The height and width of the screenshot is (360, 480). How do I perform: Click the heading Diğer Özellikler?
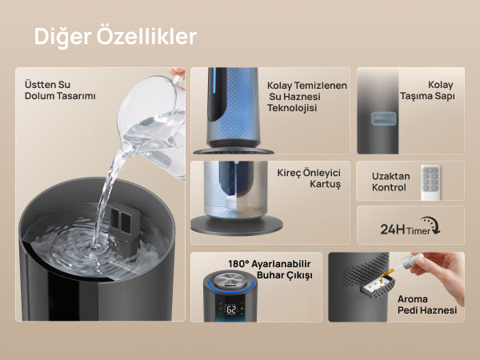point(115,37)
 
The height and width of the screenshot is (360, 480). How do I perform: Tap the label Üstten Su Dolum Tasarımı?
point(60,90)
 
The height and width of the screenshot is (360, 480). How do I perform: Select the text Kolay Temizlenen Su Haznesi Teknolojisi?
point(307,97)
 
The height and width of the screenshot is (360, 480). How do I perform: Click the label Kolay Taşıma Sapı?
point(427,90)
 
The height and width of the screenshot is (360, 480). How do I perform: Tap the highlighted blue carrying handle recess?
point(383,118)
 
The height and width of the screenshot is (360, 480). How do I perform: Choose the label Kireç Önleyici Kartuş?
point(309,178)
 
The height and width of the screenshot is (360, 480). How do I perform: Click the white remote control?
point(430,182)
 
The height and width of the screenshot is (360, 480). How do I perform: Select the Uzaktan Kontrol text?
point(391,182)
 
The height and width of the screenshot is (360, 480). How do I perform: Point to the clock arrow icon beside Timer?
point(432,225)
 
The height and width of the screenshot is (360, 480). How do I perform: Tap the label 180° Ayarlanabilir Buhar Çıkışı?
point(270,270)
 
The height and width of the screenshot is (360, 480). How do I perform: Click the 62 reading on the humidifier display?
point(231,310)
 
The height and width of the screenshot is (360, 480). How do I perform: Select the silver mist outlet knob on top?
point(229,279)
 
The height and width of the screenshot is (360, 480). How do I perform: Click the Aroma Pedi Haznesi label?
point(427,305)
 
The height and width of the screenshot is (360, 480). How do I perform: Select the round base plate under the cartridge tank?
point(236,226)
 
